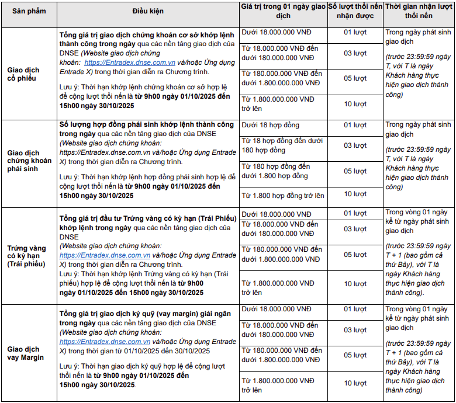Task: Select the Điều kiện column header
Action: tap(148, 11)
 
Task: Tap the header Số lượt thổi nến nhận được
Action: tap(355, 11)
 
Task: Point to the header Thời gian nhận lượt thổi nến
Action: tap(419, 11)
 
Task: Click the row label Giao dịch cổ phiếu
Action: tap(23, 74)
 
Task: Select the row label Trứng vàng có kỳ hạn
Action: tap(26, 256)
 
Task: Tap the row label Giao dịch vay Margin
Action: tap(25, 353)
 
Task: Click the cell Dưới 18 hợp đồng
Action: tap(270, 126)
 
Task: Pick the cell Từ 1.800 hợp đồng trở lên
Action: tap(283, 196)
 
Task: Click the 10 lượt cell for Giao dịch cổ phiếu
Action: tap(355, 104)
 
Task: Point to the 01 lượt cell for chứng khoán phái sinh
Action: tap(355, 126)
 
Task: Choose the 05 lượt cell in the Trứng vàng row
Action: tap(355, 255)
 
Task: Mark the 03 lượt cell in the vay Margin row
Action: tap(355, 330)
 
